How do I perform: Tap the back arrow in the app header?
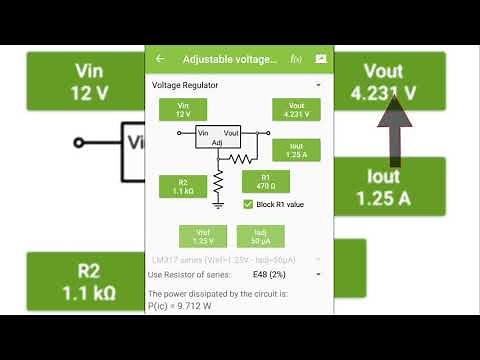[x=160, y=59]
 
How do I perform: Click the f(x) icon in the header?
[x=296, y=59]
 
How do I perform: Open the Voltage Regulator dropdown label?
[x=185, y=85]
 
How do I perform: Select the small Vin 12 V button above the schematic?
[x=183, y=110]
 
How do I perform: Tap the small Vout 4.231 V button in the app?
[x=295, y=110]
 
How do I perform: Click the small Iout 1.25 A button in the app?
[x=295, y=150]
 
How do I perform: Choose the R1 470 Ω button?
[x=266, y=181]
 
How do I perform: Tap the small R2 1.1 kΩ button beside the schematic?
[x=183, y=186]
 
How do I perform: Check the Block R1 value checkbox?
[x=248, y=204]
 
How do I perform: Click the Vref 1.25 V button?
[x=203, y=236]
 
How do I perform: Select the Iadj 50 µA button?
[x=258, y=236]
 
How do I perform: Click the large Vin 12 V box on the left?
[x=83, y=82]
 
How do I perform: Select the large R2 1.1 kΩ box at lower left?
[x=83, y=283]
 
